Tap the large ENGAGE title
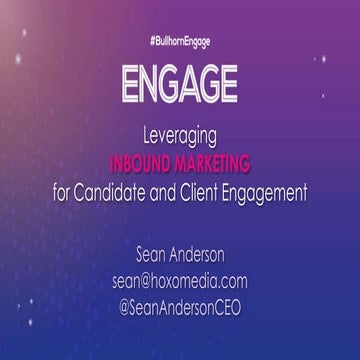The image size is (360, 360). pyautogui.click(x=180, y=84)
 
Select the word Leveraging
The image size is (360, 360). pyautogui.click(x=180, y=133)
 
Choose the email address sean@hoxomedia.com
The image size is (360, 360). pyautogui.click(x=180, y=282)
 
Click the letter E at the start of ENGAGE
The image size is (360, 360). pyautogui.click(x=130, y=84)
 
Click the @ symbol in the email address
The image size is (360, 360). pyautogui.click(x=150, y=282)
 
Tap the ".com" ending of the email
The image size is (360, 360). pyautogui.click(x=232, y=283)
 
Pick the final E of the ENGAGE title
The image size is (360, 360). pyautogui.click(x=229, y=84)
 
